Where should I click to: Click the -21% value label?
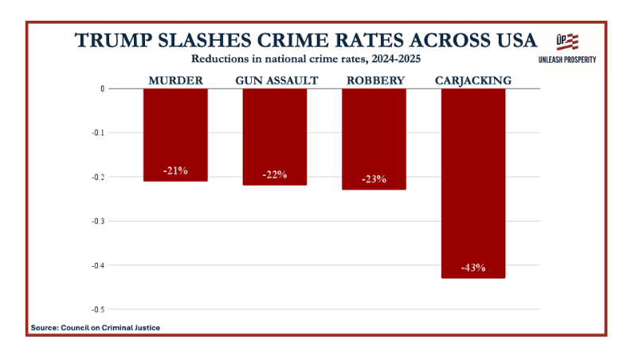pyautogui.click(x=175, y=171)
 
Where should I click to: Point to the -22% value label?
pyautogui.click(x=275, y=175)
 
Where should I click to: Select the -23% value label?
pyautogui.click(x=374, y=179)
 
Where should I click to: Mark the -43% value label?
pyautogui.click(x=472, y=267)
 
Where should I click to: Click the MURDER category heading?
pyautogui.click(x=175, y=80)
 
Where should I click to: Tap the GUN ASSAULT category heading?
pyautogui.click(x=276, y=80)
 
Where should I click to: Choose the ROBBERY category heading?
pyautogui.click(x=374, y=80)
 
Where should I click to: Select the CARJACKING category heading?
pyautogui.click(x=472, y=80)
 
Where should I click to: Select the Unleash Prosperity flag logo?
pyautogui.click(x=567, y=42)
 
